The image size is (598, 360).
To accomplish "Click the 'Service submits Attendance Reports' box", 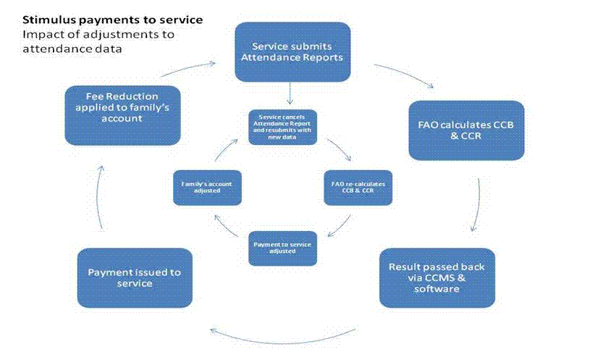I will click(x=292, y=51).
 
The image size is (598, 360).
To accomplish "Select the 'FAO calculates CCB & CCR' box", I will click(x=456, y=130).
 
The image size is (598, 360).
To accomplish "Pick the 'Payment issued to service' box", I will click(x=134, y=277).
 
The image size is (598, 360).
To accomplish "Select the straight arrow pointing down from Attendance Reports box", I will click(x=290, y=93).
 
